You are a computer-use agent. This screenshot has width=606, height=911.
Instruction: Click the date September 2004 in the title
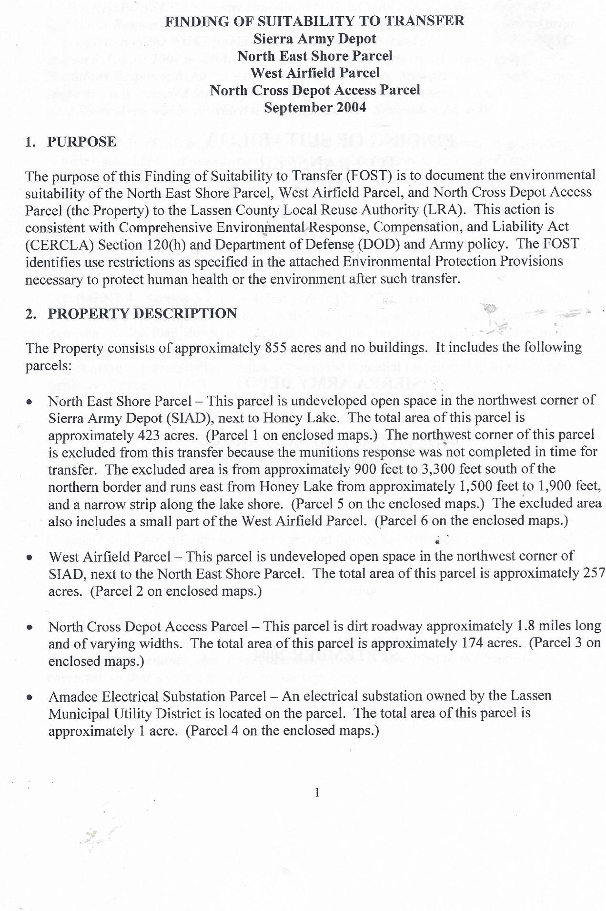[314, 108]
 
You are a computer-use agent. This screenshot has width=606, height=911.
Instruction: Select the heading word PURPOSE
[81, 142]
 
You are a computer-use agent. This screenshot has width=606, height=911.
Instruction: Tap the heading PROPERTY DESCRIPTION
[142, 314]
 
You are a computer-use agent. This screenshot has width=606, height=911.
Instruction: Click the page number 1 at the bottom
[317, 793]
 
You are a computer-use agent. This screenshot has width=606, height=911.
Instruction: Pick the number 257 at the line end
[594, 573]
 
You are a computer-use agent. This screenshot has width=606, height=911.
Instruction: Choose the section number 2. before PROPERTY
[30, 314]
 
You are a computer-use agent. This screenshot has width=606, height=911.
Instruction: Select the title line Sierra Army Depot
[314, 39]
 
